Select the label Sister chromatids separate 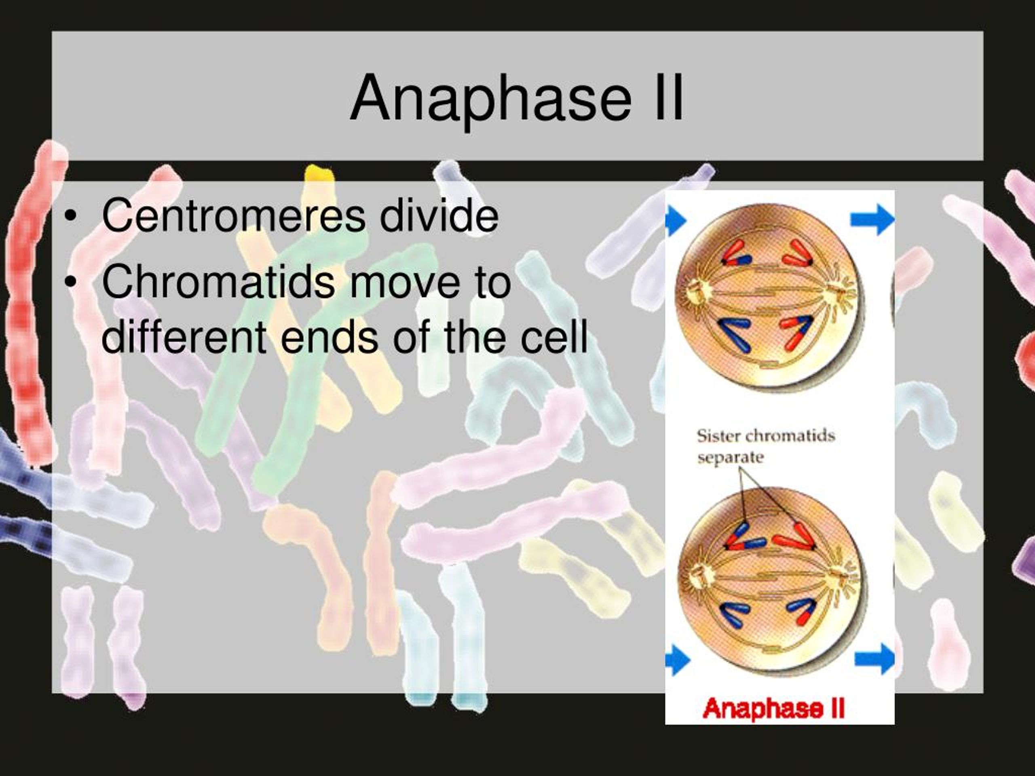[x=765, y=446]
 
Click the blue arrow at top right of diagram [x=872, y=219]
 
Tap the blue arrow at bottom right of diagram [x=874, y=659]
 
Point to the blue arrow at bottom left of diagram [x=677, y=660]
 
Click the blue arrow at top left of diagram [x=675, y=220]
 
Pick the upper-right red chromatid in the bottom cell [x=794, y=537]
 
